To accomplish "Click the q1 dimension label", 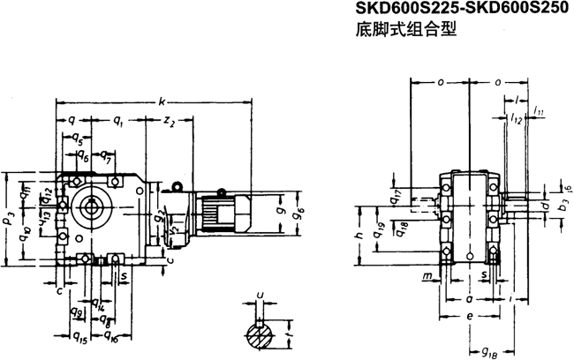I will (118, 121).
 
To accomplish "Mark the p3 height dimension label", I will (10, 214).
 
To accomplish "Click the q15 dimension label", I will (77, 336).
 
